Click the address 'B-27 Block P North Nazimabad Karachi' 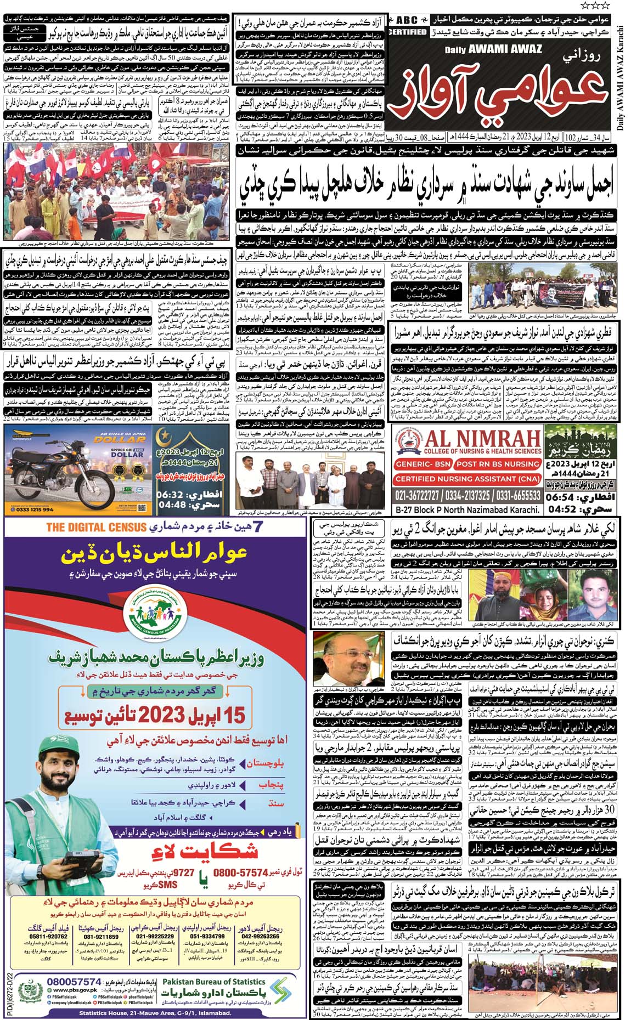coord(467,509)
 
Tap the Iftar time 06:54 coord(561,497)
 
